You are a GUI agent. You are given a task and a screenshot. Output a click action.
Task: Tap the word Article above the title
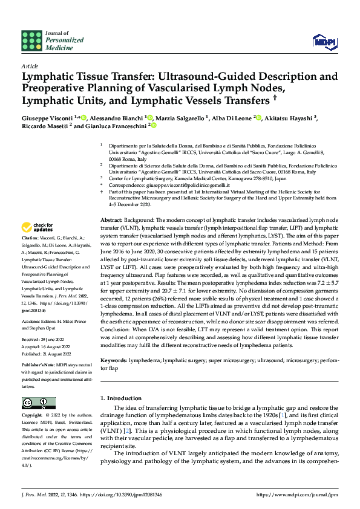30,65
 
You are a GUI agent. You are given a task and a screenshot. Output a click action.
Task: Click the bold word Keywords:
114,359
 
